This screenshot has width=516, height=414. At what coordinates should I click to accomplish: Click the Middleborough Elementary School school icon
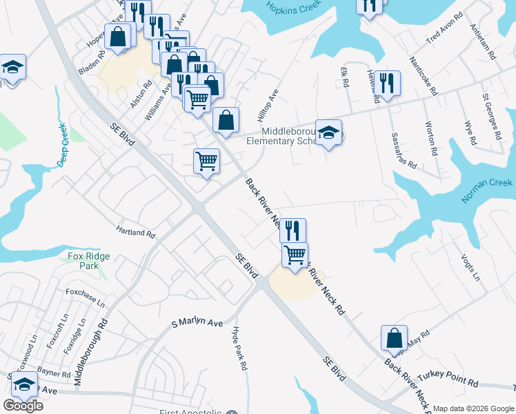point(329,134)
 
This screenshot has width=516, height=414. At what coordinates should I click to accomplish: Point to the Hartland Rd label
point(135,233)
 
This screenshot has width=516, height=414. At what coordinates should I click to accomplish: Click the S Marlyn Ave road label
point(197,322)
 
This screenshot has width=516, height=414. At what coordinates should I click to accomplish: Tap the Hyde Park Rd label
point(239,348)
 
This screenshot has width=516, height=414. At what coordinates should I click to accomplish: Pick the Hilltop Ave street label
point(269,104)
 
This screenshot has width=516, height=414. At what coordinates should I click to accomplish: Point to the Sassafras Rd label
point(404,150)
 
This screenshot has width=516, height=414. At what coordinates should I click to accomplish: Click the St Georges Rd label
point(492,117)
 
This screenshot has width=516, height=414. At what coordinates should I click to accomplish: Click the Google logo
point(23,406)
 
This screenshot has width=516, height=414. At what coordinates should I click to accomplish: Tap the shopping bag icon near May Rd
point(395,339)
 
